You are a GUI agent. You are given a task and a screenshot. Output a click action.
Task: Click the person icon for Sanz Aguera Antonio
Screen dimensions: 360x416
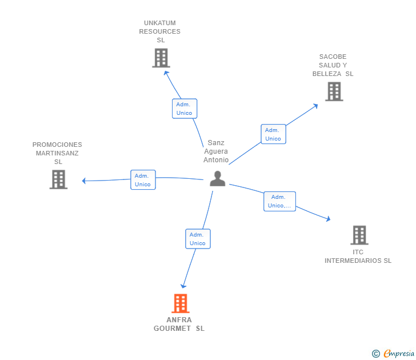click(218, 179)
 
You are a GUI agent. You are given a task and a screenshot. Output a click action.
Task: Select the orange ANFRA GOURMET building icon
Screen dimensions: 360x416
click(181, 303)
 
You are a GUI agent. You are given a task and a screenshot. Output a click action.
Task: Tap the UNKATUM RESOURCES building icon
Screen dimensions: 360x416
click(161, 58)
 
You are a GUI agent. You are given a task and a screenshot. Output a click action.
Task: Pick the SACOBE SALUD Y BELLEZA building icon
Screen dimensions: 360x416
click(334, 91)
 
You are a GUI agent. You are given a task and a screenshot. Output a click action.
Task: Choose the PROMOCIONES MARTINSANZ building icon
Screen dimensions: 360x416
click(58, 179)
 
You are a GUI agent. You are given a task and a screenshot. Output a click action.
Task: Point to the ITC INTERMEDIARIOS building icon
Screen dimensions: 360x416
click(359, 235)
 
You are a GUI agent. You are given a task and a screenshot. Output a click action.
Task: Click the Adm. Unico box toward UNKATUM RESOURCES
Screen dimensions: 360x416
click(185, 109)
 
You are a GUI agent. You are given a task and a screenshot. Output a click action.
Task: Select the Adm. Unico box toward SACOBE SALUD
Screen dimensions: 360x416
click(273, 134)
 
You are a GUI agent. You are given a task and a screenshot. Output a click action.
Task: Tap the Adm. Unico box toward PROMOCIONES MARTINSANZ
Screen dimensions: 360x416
click(143, 180)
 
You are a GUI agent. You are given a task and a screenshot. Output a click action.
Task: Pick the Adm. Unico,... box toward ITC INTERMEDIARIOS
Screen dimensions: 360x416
click(279, 201)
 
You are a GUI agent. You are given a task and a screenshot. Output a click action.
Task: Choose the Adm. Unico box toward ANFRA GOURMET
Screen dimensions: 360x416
click(198, 239)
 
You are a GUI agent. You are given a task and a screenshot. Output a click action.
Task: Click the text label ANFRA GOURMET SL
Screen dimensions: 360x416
click(179, 324)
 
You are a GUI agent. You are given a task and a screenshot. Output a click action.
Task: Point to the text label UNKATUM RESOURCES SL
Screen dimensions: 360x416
click(160, 31)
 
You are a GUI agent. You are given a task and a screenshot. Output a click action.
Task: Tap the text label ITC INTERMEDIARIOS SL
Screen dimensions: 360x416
click(358, 257)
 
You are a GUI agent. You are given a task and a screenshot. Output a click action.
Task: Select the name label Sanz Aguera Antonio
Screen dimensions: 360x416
click(216, 151)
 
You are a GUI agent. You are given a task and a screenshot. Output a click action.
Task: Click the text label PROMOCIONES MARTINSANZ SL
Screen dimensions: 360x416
click(57, 153)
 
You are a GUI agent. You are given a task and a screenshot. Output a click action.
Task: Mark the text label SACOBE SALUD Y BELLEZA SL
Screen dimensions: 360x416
click(333, 65)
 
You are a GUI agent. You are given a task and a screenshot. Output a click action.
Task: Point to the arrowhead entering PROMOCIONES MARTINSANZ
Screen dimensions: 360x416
click(85, 181)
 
